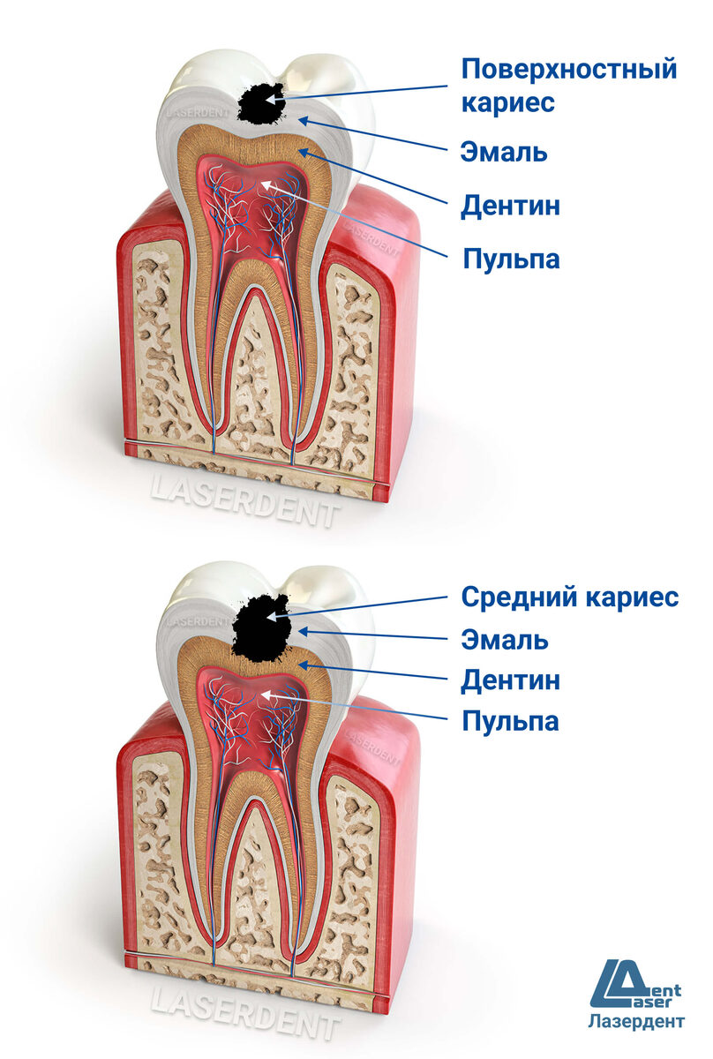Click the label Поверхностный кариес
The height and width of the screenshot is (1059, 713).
(568, 85)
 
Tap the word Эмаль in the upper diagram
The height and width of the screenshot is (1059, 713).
(504, 152)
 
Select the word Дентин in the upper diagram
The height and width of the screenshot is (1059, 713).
(510, 207)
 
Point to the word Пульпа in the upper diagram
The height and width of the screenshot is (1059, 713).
(511, 259)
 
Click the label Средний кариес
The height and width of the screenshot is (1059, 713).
(570, 597)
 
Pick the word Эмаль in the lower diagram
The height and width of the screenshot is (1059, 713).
(504, 639)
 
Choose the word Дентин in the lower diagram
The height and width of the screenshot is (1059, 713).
(510, 680)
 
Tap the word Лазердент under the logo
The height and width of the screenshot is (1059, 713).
(635, 1022)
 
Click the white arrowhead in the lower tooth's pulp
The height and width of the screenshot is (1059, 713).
(267, 697)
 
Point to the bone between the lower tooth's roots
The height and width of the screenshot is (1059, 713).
(256, 891)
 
